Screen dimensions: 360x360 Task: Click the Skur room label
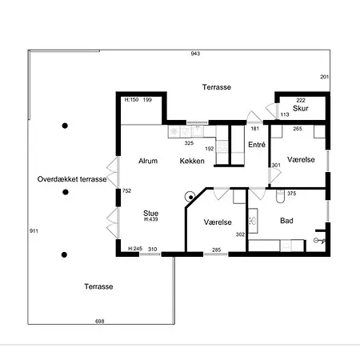300,108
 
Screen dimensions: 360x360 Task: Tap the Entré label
257,145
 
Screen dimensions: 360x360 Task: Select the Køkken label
192,161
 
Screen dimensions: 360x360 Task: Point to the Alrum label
148,161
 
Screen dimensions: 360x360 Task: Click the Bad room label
286,221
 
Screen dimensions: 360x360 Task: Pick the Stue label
150,213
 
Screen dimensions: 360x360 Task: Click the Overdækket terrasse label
72,179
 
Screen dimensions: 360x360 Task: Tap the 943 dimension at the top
195,54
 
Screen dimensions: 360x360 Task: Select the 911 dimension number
34,231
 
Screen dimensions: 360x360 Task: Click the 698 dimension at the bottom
100,322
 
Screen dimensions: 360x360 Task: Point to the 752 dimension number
126,190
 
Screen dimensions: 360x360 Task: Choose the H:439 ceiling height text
151,219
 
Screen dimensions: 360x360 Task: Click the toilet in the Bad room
280,197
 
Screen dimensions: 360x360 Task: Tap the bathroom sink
253,221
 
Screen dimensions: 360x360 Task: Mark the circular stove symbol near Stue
190,197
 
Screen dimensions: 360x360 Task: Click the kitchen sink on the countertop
198,131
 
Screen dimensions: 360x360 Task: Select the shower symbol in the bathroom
319,241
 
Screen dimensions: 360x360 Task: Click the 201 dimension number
324,77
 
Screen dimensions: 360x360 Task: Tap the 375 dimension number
291,194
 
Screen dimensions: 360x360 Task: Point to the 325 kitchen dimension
189,143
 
